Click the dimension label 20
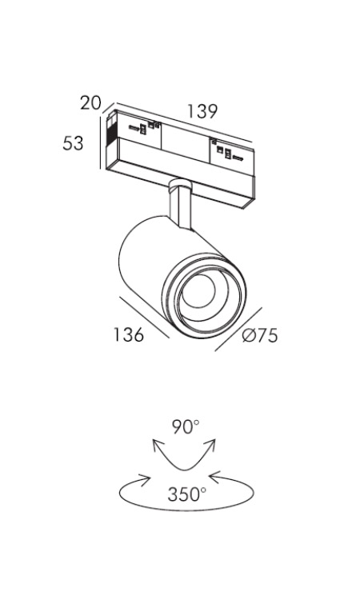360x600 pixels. point(90,103)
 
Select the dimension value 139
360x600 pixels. point(202,111)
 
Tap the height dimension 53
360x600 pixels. point(73,143)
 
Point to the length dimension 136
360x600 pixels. point(129,334)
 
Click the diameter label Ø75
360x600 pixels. point(260,335)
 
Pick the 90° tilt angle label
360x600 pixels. point(186,427)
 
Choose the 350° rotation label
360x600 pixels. point(186,494)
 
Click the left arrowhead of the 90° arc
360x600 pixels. point(158,446)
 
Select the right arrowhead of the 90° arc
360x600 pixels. point(211,445)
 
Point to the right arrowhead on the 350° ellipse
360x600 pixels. point(214,477)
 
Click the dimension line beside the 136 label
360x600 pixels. point(144,318)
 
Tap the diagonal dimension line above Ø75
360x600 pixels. point(238,329)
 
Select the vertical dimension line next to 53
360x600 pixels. point(101,142)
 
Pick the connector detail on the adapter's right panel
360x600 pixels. point(226,151)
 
